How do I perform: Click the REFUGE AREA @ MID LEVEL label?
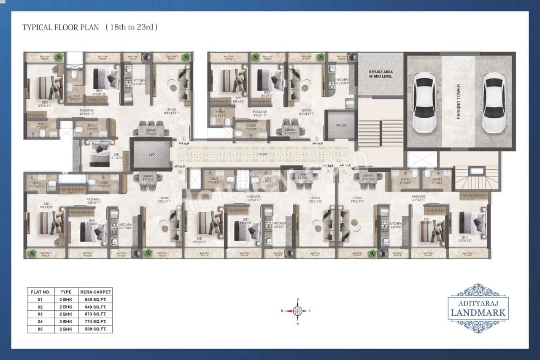381,74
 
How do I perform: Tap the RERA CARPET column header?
95,292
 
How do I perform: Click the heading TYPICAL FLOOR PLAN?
60,27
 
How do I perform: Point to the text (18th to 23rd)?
131,27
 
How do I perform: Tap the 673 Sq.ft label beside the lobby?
179,167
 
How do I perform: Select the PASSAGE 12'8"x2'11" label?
93,201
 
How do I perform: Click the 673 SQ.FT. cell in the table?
95,314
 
